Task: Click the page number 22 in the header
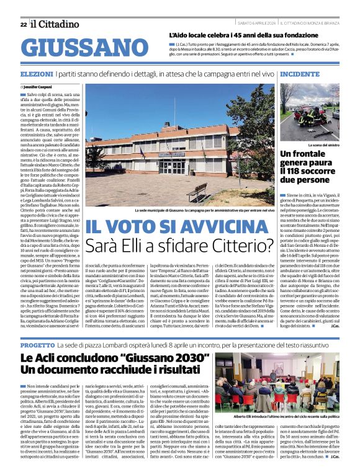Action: tap(23, 25)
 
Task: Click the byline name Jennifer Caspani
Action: tap(37, 87)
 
